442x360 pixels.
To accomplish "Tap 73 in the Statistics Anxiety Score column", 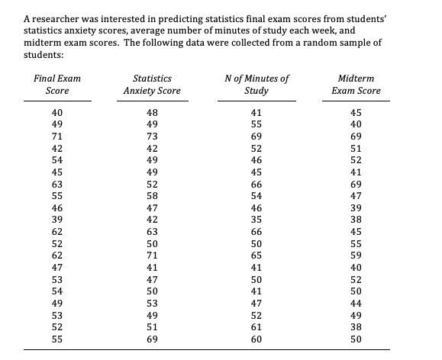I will point(151,137).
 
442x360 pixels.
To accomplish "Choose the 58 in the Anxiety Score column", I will point(151,196).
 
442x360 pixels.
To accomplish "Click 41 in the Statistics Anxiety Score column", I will point(151,267).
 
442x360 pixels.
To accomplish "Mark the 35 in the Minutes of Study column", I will point(256,220).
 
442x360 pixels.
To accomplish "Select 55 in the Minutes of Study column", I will point(256,124).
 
